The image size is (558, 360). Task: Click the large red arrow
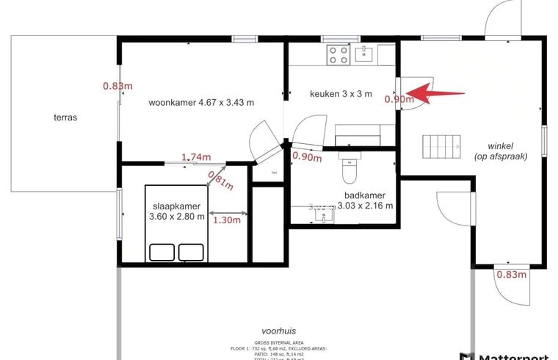tap(436, 93)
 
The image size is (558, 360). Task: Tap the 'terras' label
tap(65, 117)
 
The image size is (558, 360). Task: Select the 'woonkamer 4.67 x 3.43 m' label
tap(201, 103)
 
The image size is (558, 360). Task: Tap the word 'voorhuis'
tap(278, 331)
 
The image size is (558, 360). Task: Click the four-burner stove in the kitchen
tap(338, 54)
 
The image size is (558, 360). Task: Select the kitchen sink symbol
tap(365, 53)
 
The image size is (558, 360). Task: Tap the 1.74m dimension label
tap(196, 157)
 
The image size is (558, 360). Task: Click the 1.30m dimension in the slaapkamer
tap(227, 220)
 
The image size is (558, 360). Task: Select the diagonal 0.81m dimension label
tap(220, 180)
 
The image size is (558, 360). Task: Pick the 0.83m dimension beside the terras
tap(117, 85)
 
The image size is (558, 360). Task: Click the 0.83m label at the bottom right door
tap(512, 275)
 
